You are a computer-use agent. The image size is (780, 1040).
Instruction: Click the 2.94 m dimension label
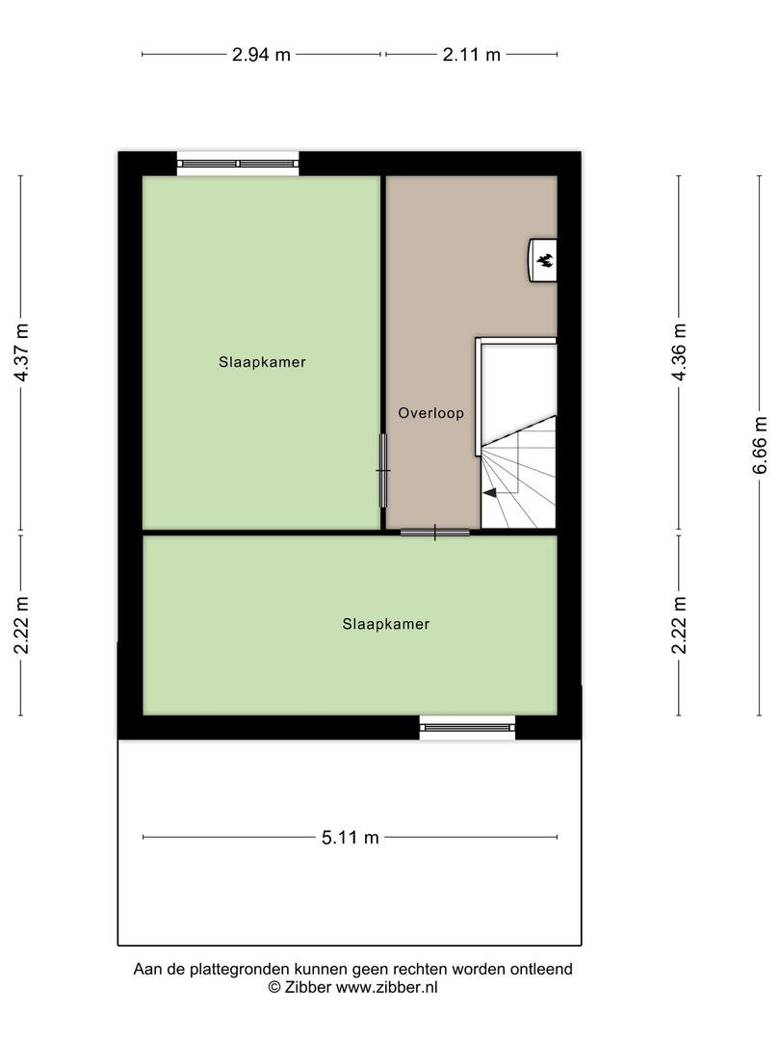point(261,54)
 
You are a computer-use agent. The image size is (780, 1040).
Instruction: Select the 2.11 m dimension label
point(472,54)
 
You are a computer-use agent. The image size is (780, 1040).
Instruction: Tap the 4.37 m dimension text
point(22,352)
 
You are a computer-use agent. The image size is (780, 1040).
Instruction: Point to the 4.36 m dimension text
point(679,351)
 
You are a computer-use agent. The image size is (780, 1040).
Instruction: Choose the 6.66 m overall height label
point(760,445)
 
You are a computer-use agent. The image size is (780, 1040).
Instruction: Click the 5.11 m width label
point(351,838)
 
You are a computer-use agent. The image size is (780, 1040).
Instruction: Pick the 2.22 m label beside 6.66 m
point(679,625)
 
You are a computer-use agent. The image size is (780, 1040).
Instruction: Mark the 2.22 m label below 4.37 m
point(22,625)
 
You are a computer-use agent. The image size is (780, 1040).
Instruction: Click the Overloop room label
point(431,413)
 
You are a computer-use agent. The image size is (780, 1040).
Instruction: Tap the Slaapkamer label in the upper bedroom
point(262,362)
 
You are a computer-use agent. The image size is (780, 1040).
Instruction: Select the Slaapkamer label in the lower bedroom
point(386,624)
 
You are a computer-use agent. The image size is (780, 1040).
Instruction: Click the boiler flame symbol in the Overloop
point(545,260)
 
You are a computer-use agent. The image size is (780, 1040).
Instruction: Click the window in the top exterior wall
point(238,163)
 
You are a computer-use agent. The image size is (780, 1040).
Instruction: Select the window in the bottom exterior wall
point(468,728)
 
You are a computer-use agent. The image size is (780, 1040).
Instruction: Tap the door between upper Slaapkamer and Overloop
point(383,470)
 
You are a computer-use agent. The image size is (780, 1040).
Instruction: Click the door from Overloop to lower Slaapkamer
point(435,532)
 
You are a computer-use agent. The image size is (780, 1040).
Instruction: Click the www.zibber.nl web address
point(387,988)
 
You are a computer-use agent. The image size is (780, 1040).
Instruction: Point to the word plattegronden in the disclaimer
point(241,970)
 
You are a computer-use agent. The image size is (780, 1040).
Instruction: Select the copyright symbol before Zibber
point(274,988)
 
